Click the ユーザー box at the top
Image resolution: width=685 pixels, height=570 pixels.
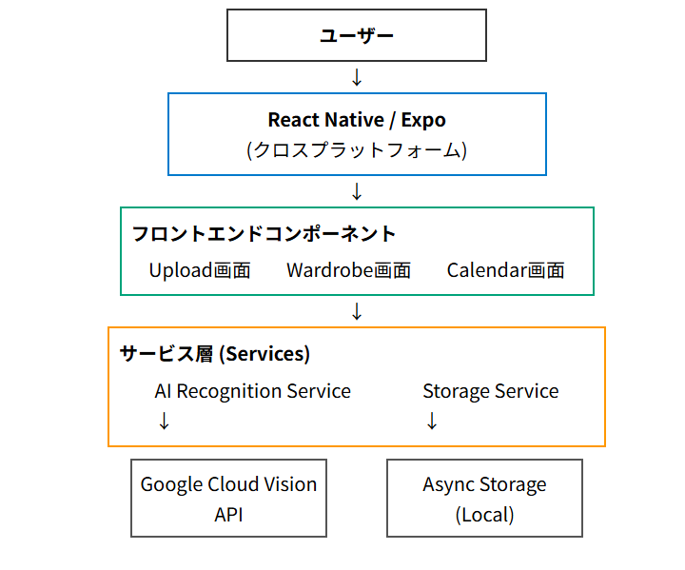coord(357,35)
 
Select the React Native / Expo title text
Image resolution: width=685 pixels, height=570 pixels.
coord(357,120)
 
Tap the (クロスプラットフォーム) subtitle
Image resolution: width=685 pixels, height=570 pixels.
coord(357,149)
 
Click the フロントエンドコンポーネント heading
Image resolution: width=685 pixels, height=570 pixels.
coord(264,233)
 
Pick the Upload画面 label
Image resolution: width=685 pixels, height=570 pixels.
coord(200,270)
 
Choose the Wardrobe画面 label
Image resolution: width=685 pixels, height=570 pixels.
coord(349,270)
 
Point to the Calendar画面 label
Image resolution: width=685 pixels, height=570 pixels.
coord(506,270)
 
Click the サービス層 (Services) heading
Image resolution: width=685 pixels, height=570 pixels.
coord(215,354)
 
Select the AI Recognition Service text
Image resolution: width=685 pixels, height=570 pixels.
coord(253,391)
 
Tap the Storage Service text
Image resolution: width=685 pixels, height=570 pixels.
coord(491,391)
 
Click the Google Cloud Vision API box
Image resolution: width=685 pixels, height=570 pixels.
coord(228,499)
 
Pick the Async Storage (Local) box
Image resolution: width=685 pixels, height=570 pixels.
coord(484,499)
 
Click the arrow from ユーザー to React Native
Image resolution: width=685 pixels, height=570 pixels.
coord(357,77)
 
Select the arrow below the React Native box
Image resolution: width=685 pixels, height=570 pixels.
coord(357,191)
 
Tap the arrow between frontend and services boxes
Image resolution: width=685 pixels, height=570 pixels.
coord(357,311)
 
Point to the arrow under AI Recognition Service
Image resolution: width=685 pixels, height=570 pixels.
coord(164,421)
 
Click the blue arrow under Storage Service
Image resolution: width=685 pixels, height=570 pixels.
coord(432,421)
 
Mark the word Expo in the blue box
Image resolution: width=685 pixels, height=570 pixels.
coord(423,120)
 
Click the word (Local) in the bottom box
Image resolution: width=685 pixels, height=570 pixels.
coord(484,515)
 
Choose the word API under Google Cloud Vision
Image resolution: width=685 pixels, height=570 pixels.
coord(228,515)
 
